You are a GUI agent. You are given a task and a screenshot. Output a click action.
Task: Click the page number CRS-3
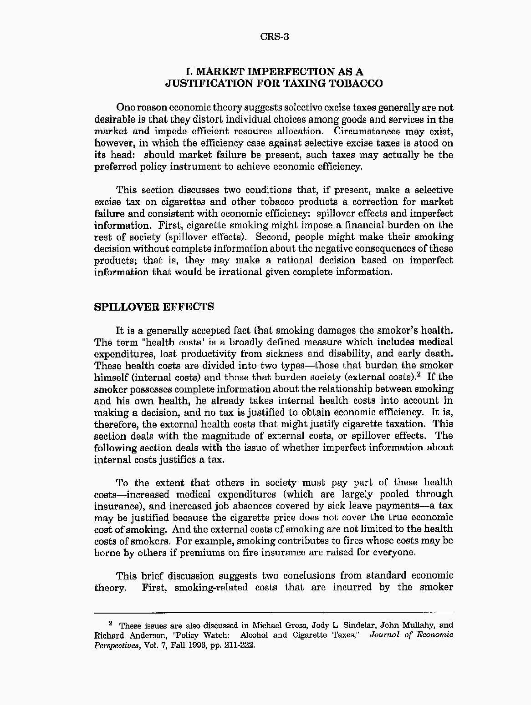[275, 37]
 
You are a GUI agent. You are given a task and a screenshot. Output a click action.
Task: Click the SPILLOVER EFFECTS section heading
[153, 307]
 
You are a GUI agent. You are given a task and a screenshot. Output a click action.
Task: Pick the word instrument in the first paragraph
[196, 166]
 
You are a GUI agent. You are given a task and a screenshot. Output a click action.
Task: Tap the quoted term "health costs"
[149, 342]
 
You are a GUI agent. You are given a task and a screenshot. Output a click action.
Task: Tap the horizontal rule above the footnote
[274, 612]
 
